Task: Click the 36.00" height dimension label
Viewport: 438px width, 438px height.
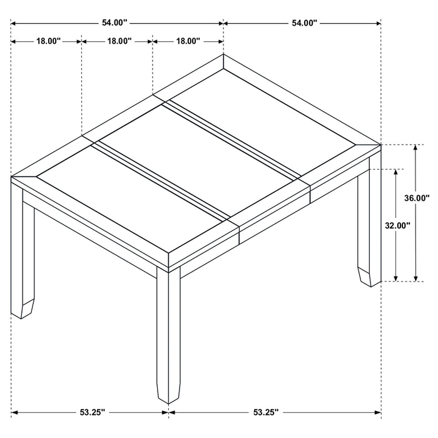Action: (x=416, y=198)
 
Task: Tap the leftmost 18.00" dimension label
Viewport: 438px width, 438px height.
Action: (x=48, y=41)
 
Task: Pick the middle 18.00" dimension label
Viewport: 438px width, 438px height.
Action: (x=118, y=41)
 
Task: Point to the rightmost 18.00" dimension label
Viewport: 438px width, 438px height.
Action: (x=188, y=41)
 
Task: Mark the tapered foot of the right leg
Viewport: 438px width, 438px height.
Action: (x=370, y=276)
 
